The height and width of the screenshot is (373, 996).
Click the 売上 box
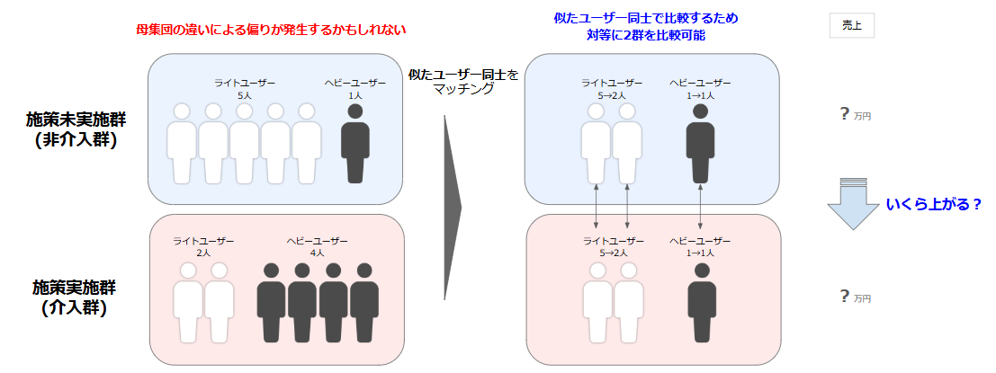(851, 25)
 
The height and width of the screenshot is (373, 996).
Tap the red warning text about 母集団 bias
(270, 29)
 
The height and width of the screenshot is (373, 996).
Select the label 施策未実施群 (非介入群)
(72, 129)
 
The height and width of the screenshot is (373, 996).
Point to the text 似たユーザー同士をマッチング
(463, 82)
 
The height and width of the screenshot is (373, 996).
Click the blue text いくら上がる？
(933, 205)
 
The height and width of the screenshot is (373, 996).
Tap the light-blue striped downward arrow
(850, 203)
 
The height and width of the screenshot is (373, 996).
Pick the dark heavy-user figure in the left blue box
(354, 144)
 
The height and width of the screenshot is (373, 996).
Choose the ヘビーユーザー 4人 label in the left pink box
(317, 247)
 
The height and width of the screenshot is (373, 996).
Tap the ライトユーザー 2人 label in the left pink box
(204, 247)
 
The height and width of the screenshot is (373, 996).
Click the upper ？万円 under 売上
(854, 114)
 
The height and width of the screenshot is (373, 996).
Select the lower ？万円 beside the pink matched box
(854, 297)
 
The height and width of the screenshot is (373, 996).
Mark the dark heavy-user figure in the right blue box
(700, 144)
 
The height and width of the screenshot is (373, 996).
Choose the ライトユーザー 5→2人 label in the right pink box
(613, 247)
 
